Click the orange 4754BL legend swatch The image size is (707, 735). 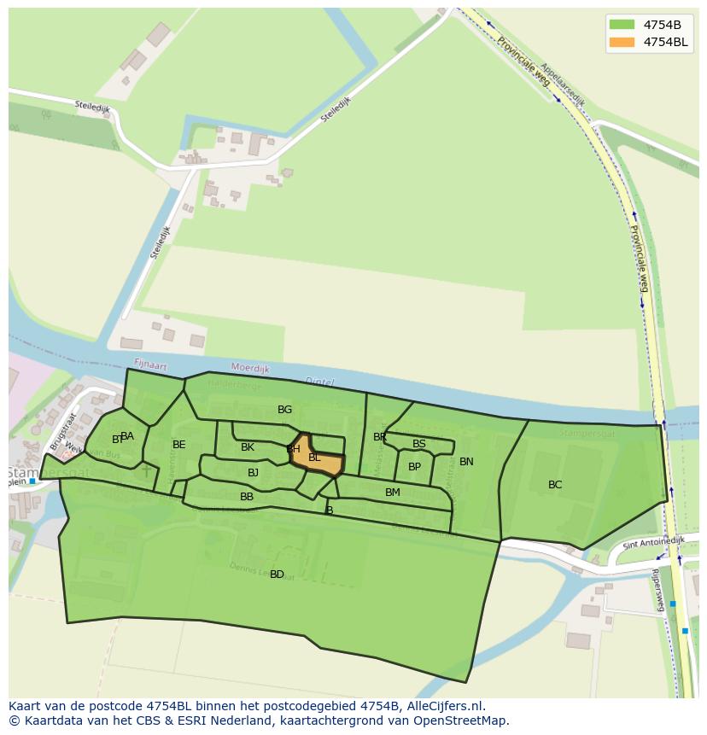(622, 42)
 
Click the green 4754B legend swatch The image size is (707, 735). (622, 24)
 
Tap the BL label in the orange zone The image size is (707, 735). (314, 458)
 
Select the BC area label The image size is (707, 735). (555, 485)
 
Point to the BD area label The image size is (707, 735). (277, 575)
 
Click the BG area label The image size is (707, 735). (284, 410)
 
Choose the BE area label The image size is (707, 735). (178, 445)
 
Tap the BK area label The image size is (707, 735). (248, 447)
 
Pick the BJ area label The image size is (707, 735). (253, 473)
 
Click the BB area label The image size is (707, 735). (247, 497)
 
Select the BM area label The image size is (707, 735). (392, 493)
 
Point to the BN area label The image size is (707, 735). (466, 462)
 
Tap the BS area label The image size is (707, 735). (418, 444)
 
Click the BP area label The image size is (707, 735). (414, 467)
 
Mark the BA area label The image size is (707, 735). (127, 436)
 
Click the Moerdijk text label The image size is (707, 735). (250, 370)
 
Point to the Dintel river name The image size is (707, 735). (319, 382)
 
